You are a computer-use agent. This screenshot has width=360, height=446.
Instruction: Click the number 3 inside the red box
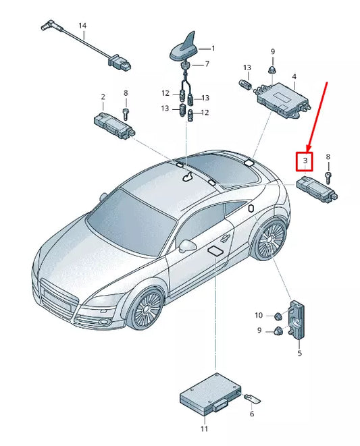point(305,161)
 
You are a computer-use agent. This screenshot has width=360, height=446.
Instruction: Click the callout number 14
point(82,26)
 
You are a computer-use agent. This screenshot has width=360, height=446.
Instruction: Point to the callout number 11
point(205,428)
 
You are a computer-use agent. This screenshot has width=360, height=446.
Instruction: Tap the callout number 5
point(300,352)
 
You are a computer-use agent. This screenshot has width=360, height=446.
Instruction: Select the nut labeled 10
point(277,316)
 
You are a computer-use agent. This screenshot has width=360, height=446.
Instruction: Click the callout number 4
point(294,77)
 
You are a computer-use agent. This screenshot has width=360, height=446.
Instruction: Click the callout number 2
point(103,96)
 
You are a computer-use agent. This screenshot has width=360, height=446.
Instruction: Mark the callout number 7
point(207,65)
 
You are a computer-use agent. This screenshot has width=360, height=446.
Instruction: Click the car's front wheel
point(147,308)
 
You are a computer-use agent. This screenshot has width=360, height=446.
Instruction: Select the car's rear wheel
point(272,239)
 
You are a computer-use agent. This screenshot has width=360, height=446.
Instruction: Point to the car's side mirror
point(187,245)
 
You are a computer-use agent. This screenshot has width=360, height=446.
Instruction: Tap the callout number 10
point(259,315)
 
